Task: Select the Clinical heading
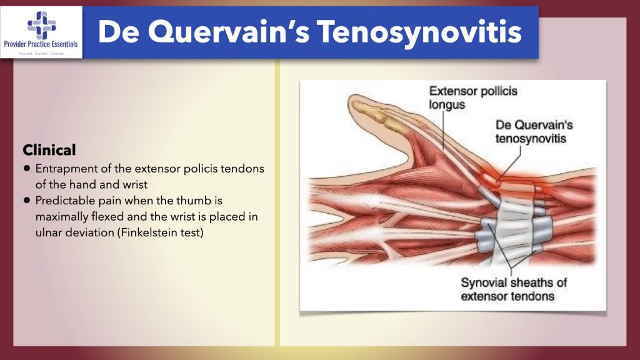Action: click(x=49, y=150)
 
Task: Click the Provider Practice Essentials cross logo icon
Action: click(x=41, y=26)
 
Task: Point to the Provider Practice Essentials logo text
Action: click(x=41, y=45)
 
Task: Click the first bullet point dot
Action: click(x=27, y=169)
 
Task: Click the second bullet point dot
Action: click(x=27, y=201)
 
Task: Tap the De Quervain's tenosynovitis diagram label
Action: click(x=534, y=131)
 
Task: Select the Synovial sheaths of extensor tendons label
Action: click(x=513, y=289)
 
